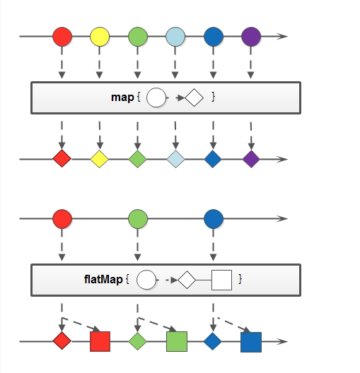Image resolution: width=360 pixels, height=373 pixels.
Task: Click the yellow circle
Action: [100, 37]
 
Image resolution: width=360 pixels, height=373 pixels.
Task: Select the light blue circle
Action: [175, 37]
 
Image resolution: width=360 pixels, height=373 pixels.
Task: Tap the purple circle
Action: [251, 37]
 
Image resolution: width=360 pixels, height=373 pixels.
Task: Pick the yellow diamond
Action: [100, 159]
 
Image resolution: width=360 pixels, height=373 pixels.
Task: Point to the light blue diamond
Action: [175, 159]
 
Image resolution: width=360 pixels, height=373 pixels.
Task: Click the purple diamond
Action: [251, 159]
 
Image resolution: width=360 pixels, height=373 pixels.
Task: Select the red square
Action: [100, 341]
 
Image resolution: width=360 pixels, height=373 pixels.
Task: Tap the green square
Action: [177, 341]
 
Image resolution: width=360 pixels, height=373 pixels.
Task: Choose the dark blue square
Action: [251, 342]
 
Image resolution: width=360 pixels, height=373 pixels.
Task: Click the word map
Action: [122, 97]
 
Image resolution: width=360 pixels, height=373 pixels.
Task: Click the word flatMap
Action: [103, 279]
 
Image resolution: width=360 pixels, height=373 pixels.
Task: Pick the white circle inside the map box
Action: [156, 97]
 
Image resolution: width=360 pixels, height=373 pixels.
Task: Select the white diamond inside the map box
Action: [194, 97]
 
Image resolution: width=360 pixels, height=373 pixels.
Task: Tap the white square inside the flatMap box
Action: [221, 280]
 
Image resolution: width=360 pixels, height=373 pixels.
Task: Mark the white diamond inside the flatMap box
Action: [187, 280]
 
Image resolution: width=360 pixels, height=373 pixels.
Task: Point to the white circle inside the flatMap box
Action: [146, 280]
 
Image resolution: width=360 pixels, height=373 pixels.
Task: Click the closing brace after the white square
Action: [240, 279]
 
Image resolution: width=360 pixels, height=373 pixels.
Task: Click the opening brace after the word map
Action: [139, 97]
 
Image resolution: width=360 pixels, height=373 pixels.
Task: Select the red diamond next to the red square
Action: [62, 341]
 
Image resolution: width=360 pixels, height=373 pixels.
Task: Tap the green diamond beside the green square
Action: [138, 341]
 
